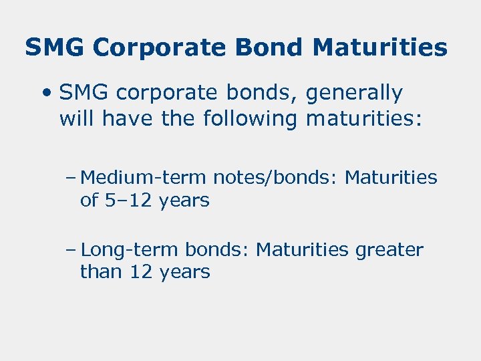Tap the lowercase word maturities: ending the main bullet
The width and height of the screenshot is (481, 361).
click(x=365, y=119)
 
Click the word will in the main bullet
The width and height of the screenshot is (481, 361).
click(x=76, y=119)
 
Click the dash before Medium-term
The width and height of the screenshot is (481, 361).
click(x=71, y=178)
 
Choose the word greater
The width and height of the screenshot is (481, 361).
click(x=389, y=250)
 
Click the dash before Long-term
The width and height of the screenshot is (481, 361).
click(x=71, y=250)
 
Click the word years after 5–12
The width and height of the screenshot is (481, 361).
click(x=184, y=200)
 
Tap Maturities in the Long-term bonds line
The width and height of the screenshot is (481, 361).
click(x=303, y=250)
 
